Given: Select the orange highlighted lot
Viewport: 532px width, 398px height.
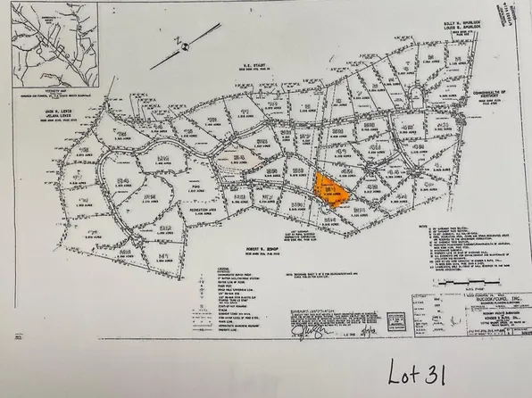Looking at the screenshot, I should (329, 190).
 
